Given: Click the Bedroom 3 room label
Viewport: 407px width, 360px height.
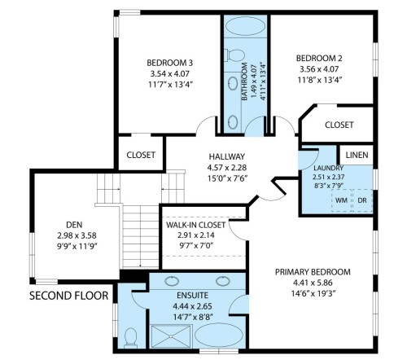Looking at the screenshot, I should pos(169,63).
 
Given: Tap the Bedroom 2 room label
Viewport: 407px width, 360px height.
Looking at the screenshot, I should pos(318,58).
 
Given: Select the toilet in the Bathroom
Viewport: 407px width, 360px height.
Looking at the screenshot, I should pos(237,56).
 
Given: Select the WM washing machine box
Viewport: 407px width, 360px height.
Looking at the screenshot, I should pos(341,200).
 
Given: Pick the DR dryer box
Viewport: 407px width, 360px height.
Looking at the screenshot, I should pos(362,200).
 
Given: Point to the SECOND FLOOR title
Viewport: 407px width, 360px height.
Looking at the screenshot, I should pos(68,295).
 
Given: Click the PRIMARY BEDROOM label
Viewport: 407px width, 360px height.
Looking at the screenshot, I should pos(312,271).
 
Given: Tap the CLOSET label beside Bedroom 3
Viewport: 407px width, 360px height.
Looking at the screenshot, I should pos(141,155).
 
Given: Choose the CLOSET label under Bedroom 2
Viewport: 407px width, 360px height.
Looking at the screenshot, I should pos(339,125).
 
